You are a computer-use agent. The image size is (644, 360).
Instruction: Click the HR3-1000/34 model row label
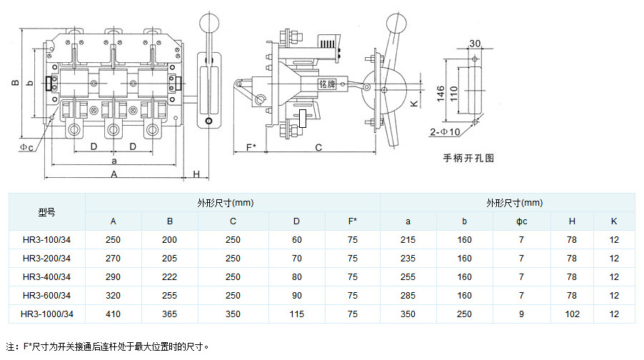[47, 314]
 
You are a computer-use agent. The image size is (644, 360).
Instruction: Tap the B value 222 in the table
[170, 276]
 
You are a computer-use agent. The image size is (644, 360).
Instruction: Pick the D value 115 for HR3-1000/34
[297, 314]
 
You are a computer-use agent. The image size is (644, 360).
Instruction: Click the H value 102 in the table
[572, 314]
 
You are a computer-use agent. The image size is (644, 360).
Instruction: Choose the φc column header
[522, 221]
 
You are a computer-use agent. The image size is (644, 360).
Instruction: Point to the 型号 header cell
[47, 212]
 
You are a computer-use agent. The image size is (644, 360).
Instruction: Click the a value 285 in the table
[408, 295]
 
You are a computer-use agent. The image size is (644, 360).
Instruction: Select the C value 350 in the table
[233, 314]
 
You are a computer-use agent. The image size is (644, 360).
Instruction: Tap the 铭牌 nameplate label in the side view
[327, 84]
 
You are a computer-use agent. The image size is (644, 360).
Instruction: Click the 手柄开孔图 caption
[468, 159]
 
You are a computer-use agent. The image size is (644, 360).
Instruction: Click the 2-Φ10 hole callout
[445, 132]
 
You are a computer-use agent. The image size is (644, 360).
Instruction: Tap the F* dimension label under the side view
[251, 147]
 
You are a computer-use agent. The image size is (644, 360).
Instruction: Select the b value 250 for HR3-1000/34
[464, 314]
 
